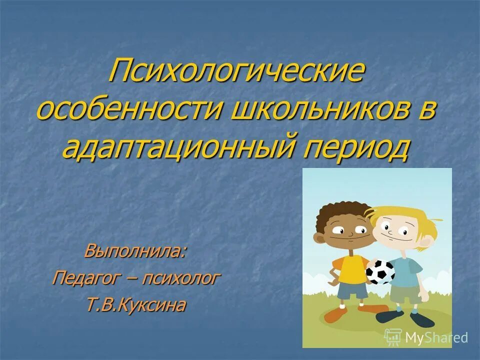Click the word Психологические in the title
coord(237,71)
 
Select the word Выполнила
coord(135,250)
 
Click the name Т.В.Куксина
coord(136,305)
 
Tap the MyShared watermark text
coord(436,337)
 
